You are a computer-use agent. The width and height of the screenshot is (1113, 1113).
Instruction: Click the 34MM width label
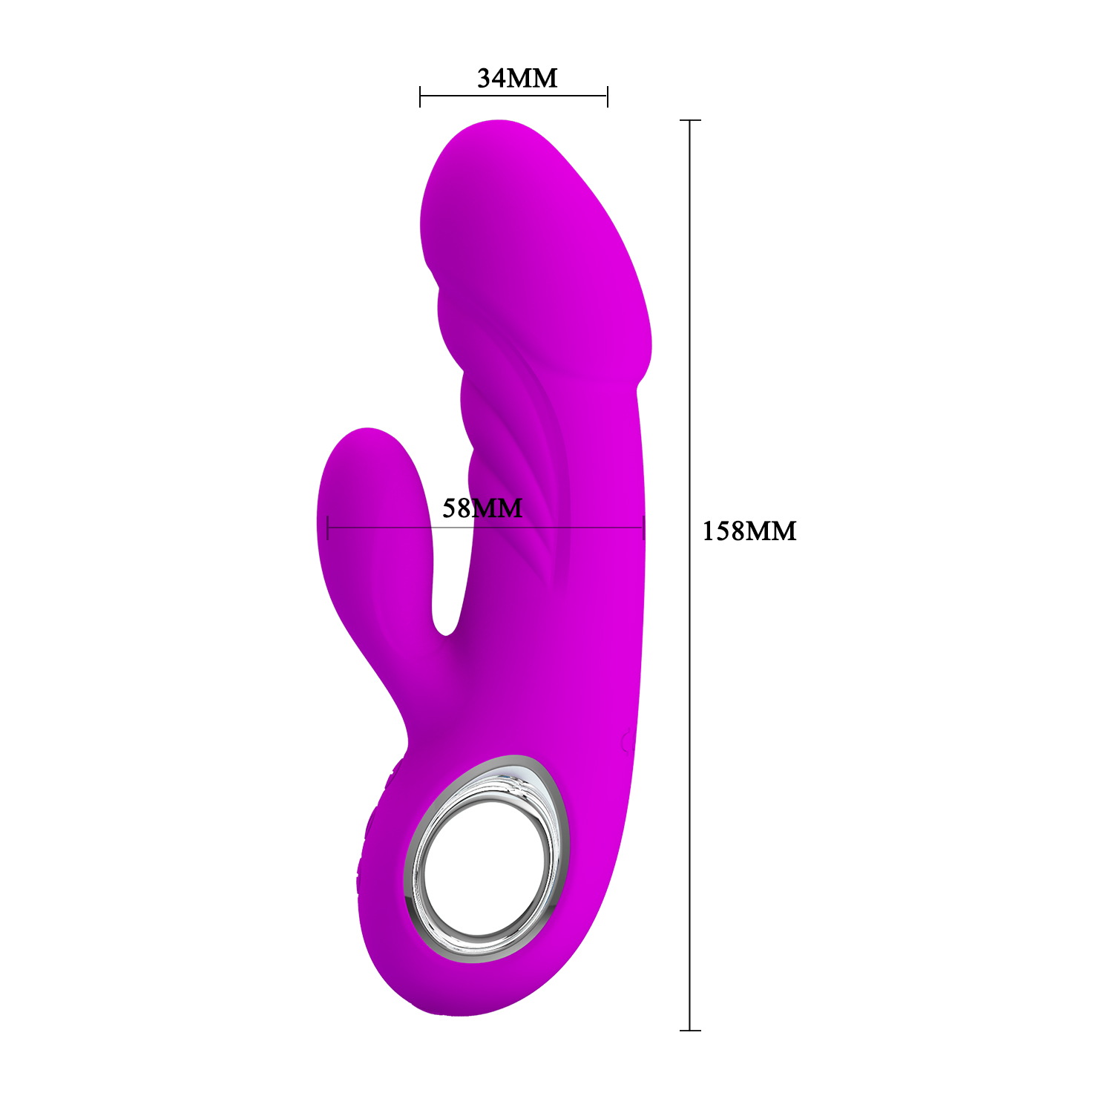[517, 78]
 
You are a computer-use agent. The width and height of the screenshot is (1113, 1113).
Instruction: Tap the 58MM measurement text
[482, 508]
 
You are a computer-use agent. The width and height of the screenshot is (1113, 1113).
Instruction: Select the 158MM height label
[749, 531]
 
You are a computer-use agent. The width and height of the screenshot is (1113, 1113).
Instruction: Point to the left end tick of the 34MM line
[420, 96]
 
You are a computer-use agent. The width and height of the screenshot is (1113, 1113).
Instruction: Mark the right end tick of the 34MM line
[608, 96]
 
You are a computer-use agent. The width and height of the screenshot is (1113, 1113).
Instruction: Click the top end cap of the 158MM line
[690, 120]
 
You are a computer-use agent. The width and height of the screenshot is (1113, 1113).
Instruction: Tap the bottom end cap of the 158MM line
[690, 1030]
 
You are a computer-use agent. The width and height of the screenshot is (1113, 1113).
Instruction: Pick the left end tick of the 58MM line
[327, 528]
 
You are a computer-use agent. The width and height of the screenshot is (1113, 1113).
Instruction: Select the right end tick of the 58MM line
[644, 528]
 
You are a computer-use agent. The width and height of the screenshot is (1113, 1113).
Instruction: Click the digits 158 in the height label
[723, 531]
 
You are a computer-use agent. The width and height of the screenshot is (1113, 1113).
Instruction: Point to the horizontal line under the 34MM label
[513, 96]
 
